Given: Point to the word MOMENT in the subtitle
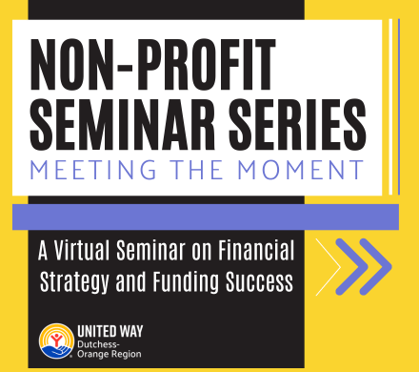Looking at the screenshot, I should (x=303, y=172).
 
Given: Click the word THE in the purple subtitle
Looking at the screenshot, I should (x=198, y=172).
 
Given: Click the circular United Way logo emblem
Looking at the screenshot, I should (x=54, y=341).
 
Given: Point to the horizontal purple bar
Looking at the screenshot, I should (x=205, y=216).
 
